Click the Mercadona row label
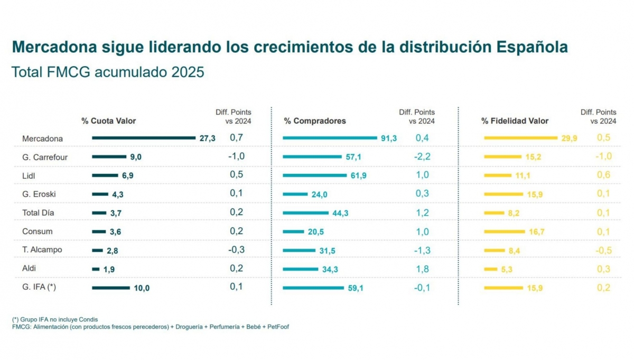(42, 139)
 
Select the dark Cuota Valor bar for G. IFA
(110, 288)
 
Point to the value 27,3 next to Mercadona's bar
(208, 139)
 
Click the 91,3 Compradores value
(388, 139)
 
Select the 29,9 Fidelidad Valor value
(569, 139)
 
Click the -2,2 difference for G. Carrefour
(422, 156)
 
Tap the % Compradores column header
(315, 121)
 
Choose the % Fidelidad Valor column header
(515, 121)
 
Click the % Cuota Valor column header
(108, 121)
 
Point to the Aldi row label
(30, 269)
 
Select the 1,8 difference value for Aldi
(422, 269)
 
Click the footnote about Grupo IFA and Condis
(55, 319)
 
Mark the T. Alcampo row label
(42, 250)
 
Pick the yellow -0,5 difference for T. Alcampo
(603, 250)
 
